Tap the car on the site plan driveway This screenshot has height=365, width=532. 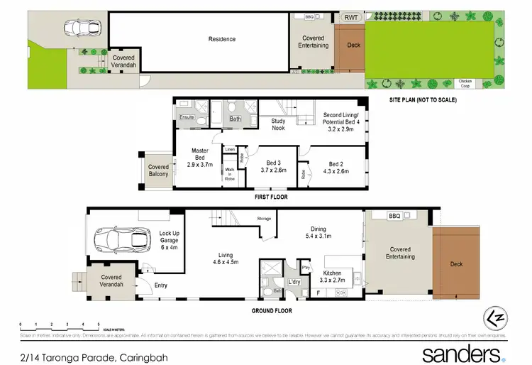tap(79, 28)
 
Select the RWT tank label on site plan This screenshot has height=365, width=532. tap(350, 17)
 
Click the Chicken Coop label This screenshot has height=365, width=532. tap(465, 83)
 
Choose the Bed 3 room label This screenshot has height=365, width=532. tap(272, 166)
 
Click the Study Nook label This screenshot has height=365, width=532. tap(279, 125)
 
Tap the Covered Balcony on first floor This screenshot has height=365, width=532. tap(158, 171)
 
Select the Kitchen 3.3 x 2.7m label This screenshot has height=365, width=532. tap(332, 277)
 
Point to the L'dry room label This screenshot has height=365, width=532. tap(294, 283)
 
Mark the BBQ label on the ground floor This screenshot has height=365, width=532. tap(394, 216)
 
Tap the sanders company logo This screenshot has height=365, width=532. tap(462, 352)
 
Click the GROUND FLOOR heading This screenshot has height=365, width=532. tap(272, 310)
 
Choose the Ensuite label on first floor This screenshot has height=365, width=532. tap(187, 117)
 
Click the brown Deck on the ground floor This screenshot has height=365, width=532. tap(456, 264)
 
